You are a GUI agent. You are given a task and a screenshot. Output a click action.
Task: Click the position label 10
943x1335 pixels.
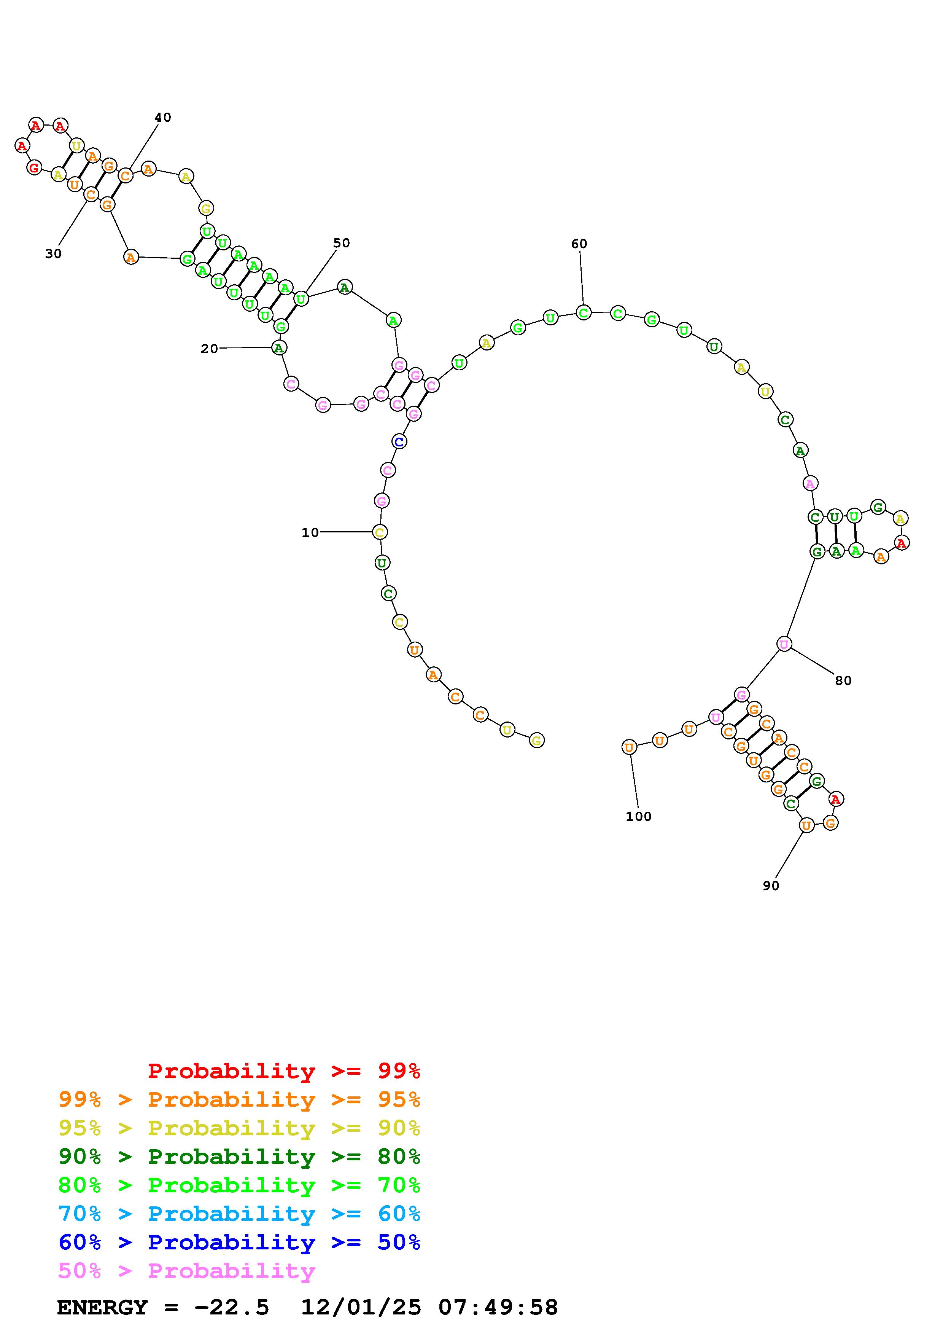pyautogui.click(x=310, y=533)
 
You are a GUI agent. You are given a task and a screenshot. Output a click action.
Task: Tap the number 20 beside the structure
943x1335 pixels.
pyautogui.click(x=209, y=349)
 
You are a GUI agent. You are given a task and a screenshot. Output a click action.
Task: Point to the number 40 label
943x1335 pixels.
pyautogui.click(x=163, y=118)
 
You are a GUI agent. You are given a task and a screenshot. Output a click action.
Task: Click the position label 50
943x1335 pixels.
pyautogui.click(x=342, y=243)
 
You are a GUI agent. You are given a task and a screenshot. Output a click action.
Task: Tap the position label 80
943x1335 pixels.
pyautogui.click(x=843, y=680)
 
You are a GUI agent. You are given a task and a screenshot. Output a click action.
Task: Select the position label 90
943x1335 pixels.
pyautogui.click(x=771, y=886)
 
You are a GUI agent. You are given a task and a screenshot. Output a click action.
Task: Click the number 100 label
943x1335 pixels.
pyautogui.click(x=639, y=816)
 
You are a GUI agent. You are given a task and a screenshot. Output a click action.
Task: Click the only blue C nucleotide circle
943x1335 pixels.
pyautogui.click(x=399, y=441)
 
